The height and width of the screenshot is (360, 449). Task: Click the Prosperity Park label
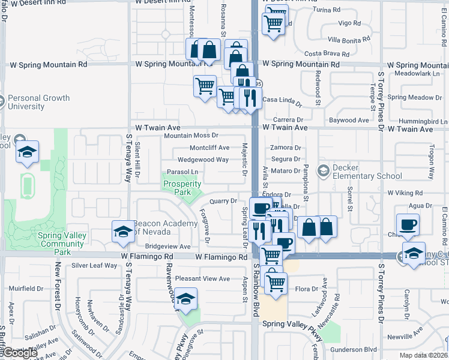pyautogui.click(x=182, y=188)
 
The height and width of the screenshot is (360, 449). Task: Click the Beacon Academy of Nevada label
pyautogui.click(x=165, y=228)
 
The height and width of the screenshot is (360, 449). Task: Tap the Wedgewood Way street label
pyautogui.click(x=202, y=160)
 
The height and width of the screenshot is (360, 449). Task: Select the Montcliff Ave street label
pyautogui.click(x=209, y=148)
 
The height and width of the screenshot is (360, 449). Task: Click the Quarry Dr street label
pyautogui.click(x=223, y=201)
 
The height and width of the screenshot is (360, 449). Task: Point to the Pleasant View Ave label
pyautogui.click(x=203, y=279)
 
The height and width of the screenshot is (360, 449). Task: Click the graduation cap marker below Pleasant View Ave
pyautogui.click(x=186, y=299)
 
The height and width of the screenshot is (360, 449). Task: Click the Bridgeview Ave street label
pyautogui.click(x=167, y=247)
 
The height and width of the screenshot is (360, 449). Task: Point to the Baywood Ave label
pyautogui.click(x=349, y=121)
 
